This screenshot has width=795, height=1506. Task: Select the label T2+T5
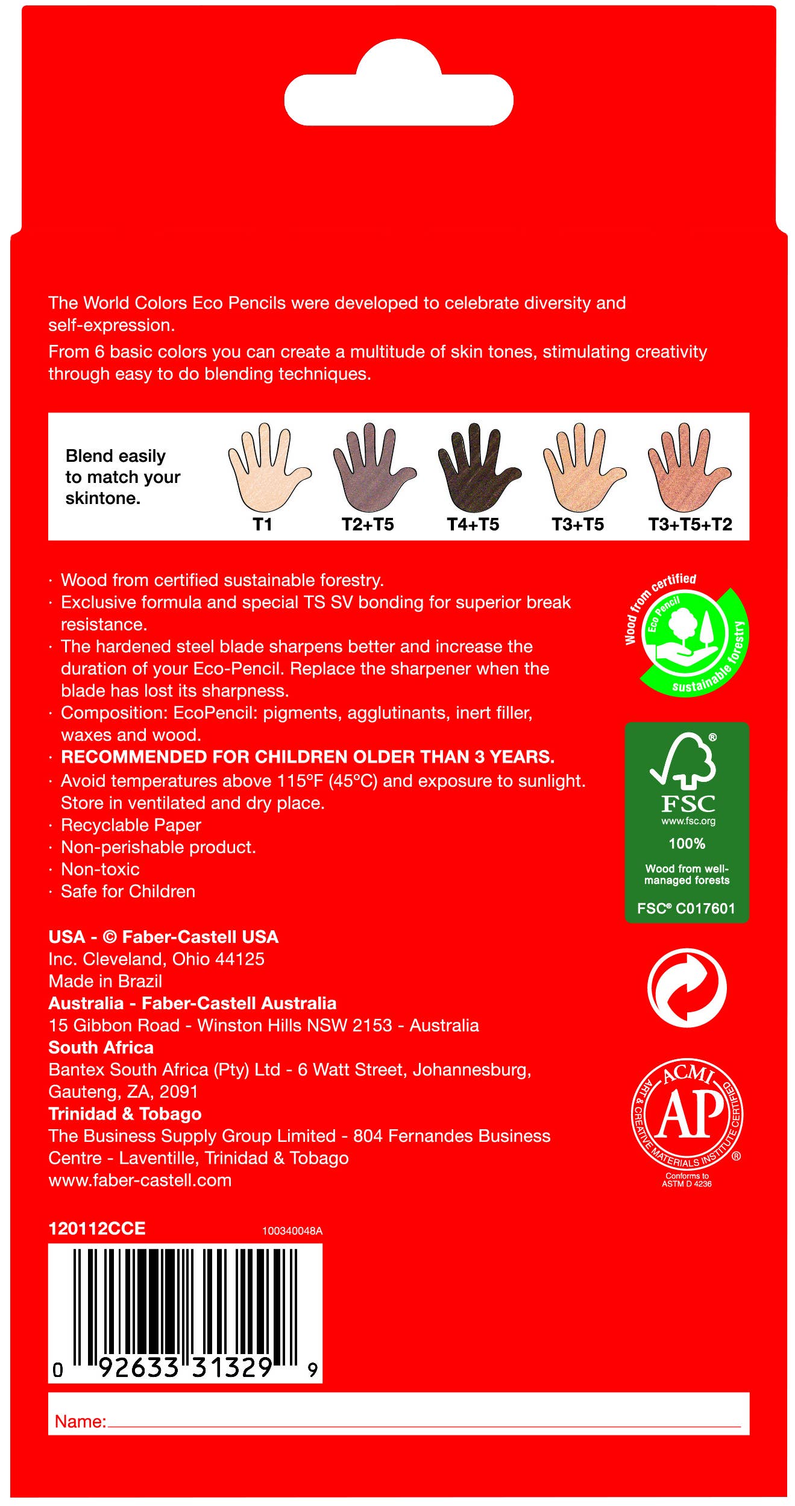tap(368, 525)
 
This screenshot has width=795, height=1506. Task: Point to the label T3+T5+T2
tap(690, 525)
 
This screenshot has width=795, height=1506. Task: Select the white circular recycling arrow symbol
tap(687, 988)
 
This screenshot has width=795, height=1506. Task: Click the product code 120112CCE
tap(97, 1229)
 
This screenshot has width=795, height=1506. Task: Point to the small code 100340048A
tap(292, 1230)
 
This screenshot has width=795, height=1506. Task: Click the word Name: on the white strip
tap(80, 1421)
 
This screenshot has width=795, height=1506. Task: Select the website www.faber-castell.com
tap(140, 1180)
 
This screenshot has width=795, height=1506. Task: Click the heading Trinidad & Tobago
tap(125, 1114)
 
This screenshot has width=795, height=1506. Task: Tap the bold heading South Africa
tap(101, 1047)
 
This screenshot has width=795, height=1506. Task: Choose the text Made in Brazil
tap(105, 981)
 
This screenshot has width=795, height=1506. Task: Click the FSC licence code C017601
tap(705, 908)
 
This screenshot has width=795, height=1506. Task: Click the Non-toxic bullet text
tap(100, 869)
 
